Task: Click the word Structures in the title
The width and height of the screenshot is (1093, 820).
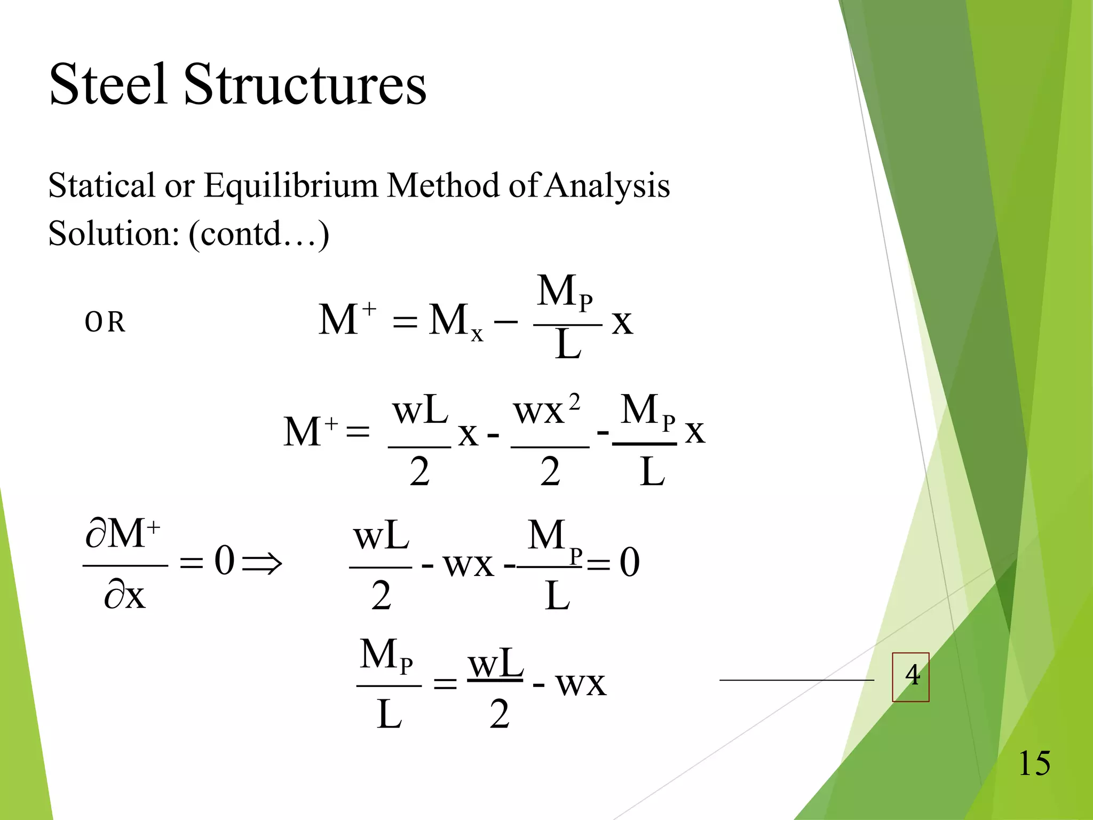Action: (305, 84)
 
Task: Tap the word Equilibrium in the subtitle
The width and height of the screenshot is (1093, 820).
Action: (291, 186)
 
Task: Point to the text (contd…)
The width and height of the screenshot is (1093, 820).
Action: (259, 234)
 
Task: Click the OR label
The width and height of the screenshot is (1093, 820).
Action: (105, 322)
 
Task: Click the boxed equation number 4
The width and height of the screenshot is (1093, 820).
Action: (911, 676)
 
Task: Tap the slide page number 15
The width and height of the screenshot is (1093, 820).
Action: (1034, 763)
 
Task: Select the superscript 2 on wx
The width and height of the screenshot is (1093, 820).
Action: (574, 402)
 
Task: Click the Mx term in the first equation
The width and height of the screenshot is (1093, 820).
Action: (455, 321)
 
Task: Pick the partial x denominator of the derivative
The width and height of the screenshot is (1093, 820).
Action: (125, 595)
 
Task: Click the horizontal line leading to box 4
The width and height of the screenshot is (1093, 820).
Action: (796, 680)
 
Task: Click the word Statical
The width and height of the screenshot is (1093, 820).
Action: (101, 186)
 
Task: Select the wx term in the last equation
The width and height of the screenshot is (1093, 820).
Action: (581, 683)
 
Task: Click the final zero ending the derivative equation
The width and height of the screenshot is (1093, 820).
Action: (630, 563)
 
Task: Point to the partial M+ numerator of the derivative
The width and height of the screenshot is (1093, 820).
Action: (123, 533)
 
